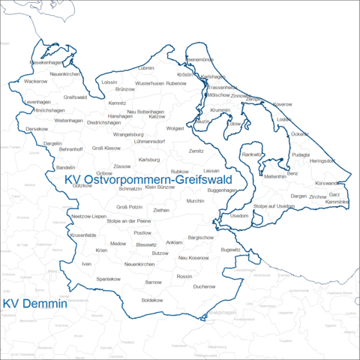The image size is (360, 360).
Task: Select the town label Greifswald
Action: tap(76, 97)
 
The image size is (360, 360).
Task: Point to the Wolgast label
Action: tap(175, 128)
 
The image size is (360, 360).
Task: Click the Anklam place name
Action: tap(174, 242)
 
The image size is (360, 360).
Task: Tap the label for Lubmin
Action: tap(146, 68)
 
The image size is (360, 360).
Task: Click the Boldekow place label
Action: tap(152, 299)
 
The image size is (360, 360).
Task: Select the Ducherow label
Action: tap(204, 286)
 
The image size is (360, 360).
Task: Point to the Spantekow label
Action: tap(109, 279)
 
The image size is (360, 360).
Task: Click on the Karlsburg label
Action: tap(150, 160)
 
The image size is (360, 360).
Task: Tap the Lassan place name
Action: tap(211, 171)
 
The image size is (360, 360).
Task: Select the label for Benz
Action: tap(292, 173)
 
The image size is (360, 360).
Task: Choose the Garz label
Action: tap(334, 193)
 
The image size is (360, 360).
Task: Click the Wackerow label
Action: tap(35, 81)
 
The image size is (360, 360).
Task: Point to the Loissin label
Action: tap(109, 82)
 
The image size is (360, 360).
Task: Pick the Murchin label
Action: tap(196, 201)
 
